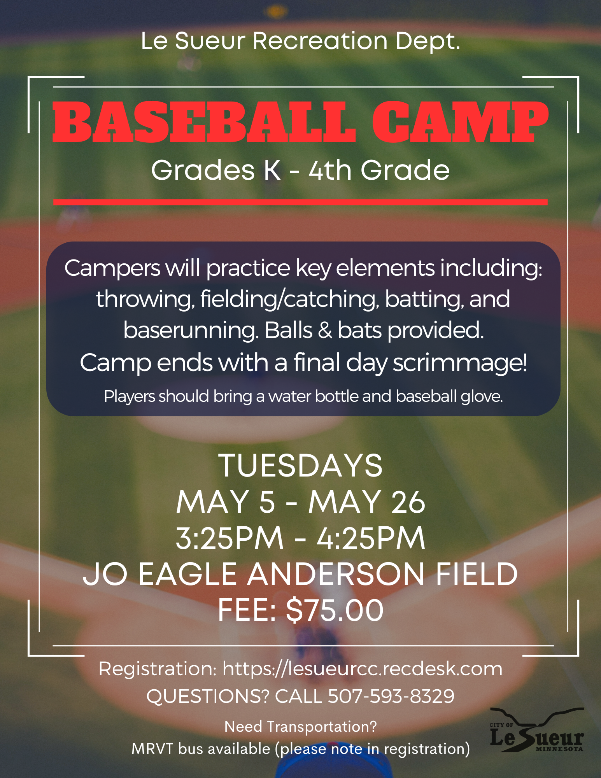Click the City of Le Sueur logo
click(x=536, y=731)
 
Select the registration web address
click(x=362, y=669)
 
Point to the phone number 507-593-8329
click(x=391, y=696)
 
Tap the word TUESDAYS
click(x=301, y=466)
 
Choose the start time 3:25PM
click(x=230, y=538)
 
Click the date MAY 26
click(x=367, y=502)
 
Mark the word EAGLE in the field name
click(x=187, y=574)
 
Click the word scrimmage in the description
click(x=460, y=363)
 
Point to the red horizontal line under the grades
click(x=300, y=202)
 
